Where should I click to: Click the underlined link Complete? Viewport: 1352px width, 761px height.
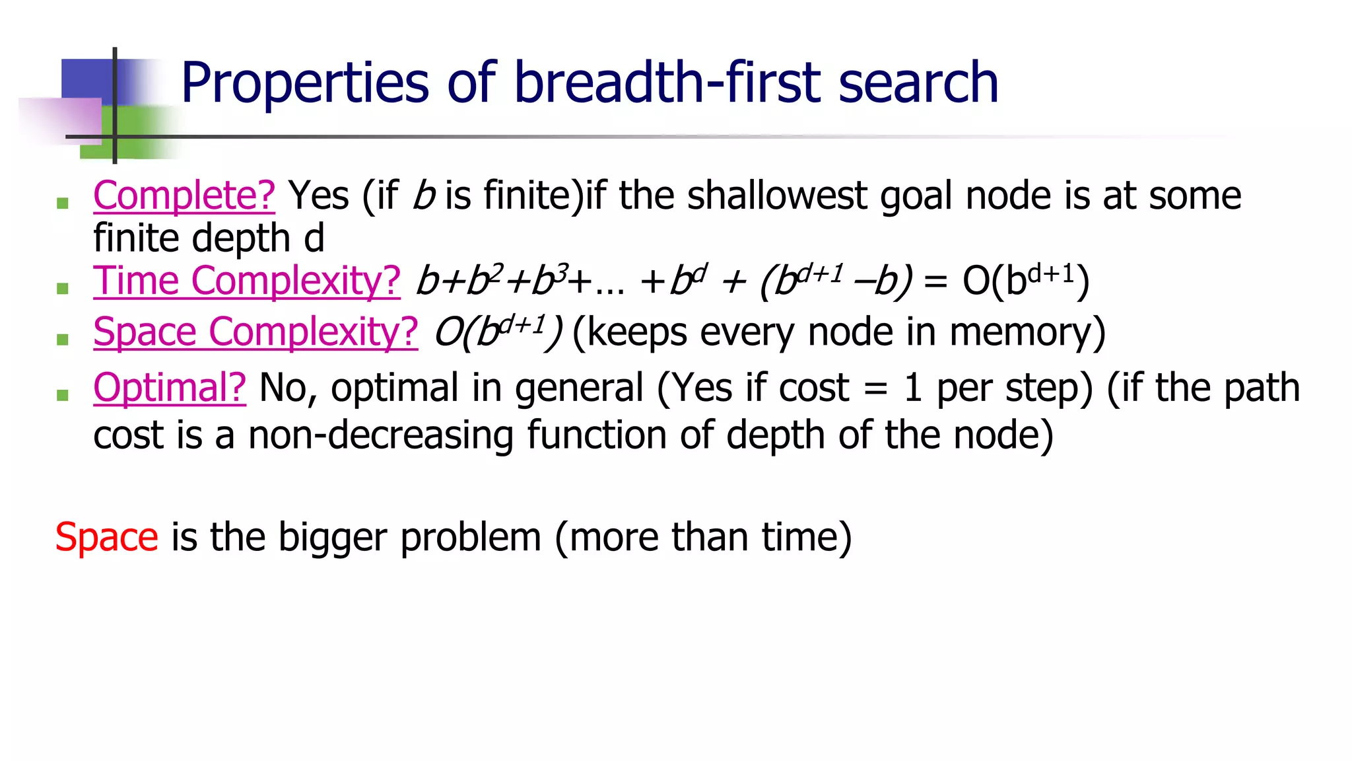tap(184, 196)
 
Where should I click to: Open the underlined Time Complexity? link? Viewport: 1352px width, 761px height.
tap(247, 281)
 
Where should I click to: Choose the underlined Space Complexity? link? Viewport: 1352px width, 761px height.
tap(255, 332)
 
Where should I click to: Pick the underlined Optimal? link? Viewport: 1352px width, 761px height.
tap(170, 388)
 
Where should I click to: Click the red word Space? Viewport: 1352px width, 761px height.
tap(106, 536)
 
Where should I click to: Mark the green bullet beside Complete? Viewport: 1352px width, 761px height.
tap(63, 203)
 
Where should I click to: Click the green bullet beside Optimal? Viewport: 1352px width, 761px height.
tap(63, 395)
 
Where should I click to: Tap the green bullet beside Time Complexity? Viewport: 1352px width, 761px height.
tap(63, 288)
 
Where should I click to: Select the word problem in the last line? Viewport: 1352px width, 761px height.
tap(471, 538)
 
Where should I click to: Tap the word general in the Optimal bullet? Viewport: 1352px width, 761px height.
tap(579, 388)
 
